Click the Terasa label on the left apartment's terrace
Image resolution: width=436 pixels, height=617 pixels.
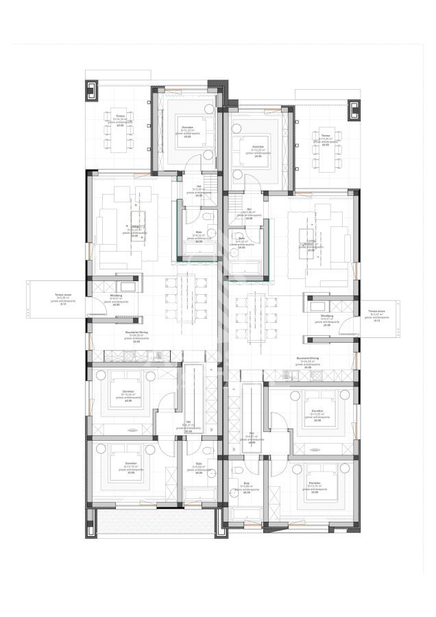[x=120, y=116]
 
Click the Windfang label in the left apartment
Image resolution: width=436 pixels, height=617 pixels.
[x=116, y=295]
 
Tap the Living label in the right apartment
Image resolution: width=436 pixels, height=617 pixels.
[x=311, y=241]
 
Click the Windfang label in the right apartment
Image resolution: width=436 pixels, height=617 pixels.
[x=327, y=316]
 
